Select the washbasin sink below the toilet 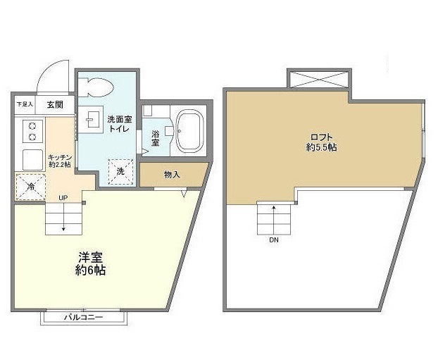pos(90,120)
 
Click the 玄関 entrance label pos(56,104)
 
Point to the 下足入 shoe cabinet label pos(25,104)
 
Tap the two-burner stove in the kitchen pos(32,130)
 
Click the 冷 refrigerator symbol pos(29,187)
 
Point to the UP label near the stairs pos(63,197)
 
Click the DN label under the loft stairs pos(273,240)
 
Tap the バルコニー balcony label pos(84,318)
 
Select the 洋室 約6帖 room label pos(91,263)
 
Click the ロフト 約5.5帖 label pos(320,143)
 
